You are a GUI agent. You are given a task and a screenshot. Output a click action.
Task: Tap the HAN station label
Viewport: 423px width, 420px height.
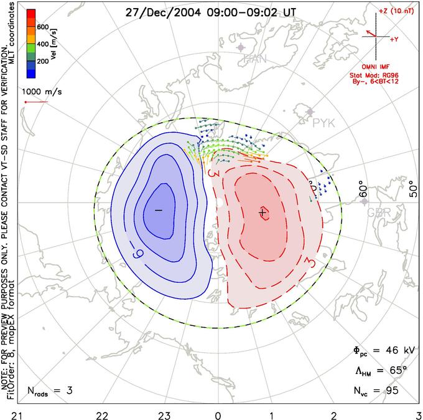click(x=256, y=59)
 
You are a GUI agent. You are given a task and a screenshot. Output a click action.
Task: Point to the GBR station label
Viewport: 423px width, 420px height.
click(x=379, y=212)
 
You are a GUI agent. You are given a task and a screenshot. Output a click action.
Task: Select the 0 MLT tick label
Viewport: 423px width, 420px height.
click(x=218, y=413)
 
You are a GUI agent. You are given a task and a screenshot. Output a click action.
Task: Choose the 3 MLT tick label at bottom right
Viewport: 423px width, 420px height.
click(x=418, y=413)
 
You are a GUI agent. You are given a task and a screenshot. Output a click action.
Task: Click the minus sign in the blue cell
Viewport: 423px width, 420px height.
click(x=158, y=211)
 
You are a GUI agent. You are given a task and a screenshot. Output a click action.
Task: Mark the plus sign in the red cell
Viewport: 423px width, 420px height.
click(x=263, y=213)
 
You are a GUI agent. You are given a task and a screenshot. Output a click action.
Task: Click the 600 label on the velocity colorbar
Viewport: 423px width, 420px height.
click(x=43, y=27)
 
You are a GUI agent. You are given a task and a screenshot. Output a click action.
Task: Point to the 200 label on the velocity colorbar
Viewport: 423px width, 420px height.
click(x=43, y=62)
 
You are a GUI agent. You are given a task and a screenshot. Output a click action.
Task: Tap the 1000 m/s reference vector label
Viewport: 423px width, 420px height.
click(x=42, y=91)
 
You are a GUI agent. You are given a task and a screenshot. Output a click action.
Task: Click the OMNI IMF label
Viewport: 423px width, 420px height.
click(x=376, y=67)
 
